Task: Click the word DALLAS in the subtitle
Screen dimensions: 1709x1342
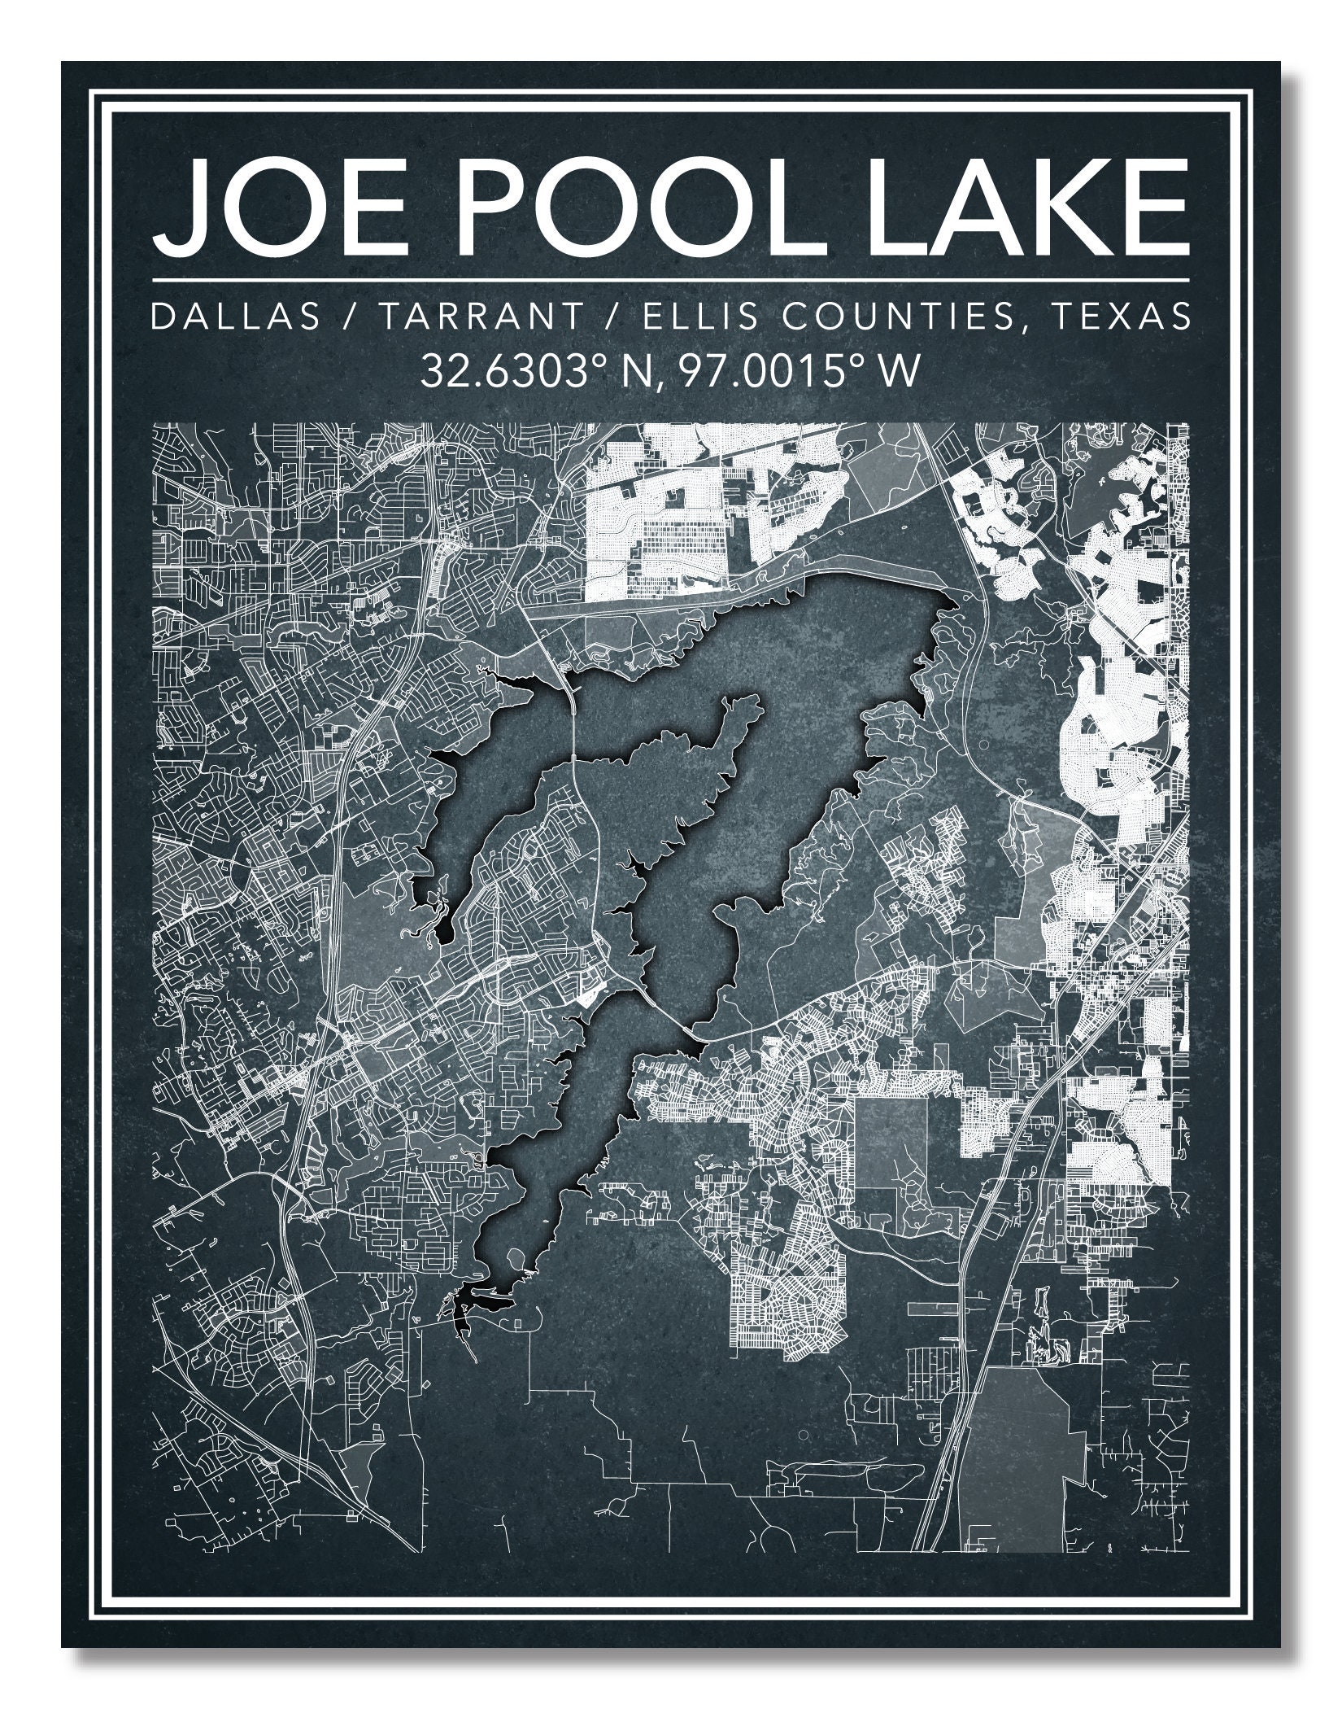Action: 236,317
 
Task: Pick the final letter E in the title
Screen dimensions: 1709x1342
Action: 1155,208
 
